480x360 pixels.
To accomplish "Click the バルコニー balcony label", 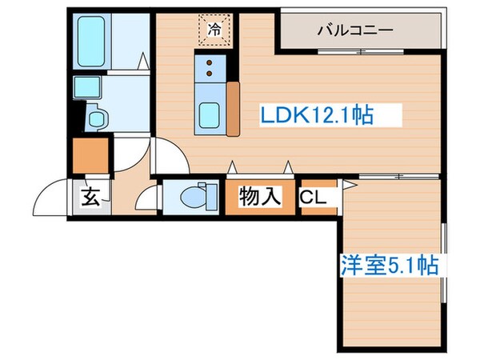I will click(x=354, y=31).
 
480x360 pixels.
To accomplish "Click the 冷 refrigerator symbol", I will click(x=214, y=30).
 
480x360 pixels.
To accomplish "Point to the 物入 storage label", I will click(x=260, y=196).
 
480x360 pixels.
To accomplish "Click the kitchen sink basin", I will click(x=210, y=115).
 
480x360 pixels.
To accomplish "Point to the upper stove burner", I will click(x=210, y=62).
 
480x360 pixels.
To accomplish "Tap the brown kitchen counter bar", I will click(x=234, y=107).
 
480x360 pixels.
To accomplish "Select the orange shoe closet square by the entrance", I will click(x=89, y=156).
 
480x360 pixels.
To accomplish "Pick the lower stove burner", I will click(x=210, y=77).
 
